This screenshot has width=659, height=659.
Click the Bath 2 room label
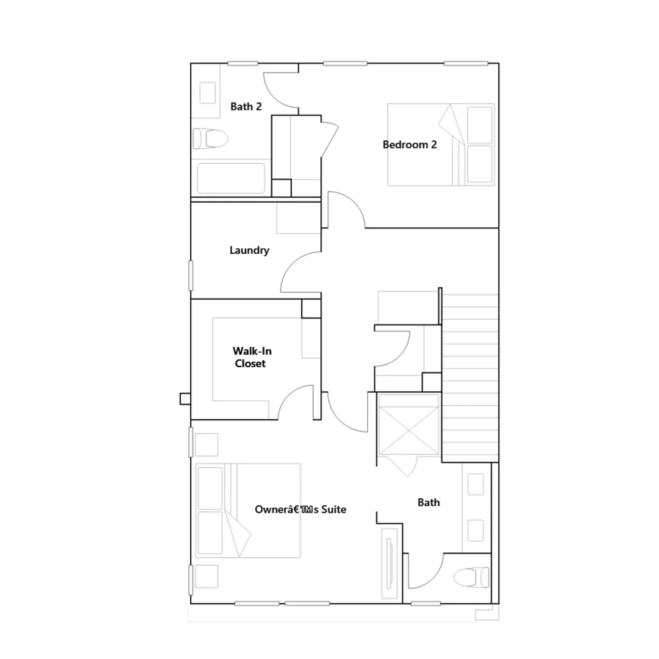point(246,107)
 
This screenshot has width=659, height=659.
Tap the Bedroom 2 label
point(409,145)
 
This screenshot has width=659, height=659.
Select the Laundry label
point(249,250)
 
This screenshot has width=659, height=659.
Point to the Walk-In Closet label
point(252,357)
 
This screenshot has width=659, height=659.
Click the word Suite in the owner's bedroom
point(334,509)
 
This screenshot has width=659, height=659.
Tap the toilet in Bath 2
point(210,138)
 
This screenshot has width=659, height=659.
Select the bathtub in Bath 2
point(231,178)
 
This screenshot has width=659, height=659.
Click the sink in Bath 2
point(208,93)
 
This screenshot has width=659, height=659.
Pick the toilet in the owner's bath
point(472,577)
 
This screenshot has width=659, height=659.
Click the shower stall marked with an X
point(409,430)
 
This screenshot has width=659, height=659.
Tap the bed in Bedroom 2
point(441,145)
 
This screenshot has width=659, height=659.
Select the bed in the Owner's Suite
point(248,511)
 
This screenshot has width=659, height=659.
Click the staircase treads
point(470,378)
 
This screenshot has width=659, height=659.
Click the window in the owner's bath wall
point(426,604)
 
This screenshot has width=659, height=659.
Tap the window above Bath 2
point(243,63)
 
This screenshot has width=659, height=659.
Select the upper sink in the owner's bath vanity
point(476,484)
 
